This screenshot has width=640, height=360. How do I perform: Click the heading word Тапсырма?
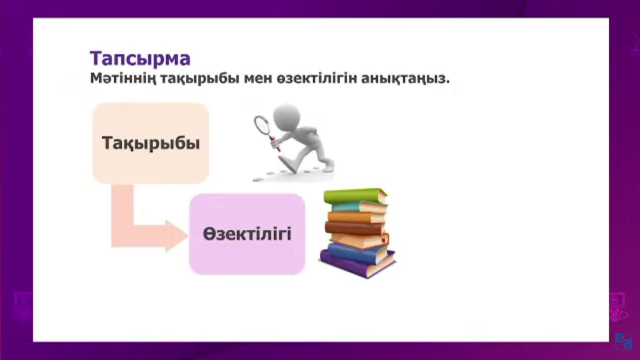[x=140, y=59]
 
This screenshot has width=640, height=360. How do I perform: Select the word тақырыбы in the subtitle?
[x=200, y=79]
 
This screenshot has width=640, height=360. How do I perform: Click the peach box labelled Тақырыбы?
[x=151, y=143]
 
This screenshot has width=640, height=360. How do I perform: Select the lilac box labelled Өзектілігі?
[x=247, y=234]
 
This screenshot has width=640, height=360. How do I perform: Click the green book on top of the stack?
[x=355, y=197]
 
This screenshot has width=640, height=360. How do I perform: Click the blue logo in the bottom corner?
[x=623, y=341]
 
